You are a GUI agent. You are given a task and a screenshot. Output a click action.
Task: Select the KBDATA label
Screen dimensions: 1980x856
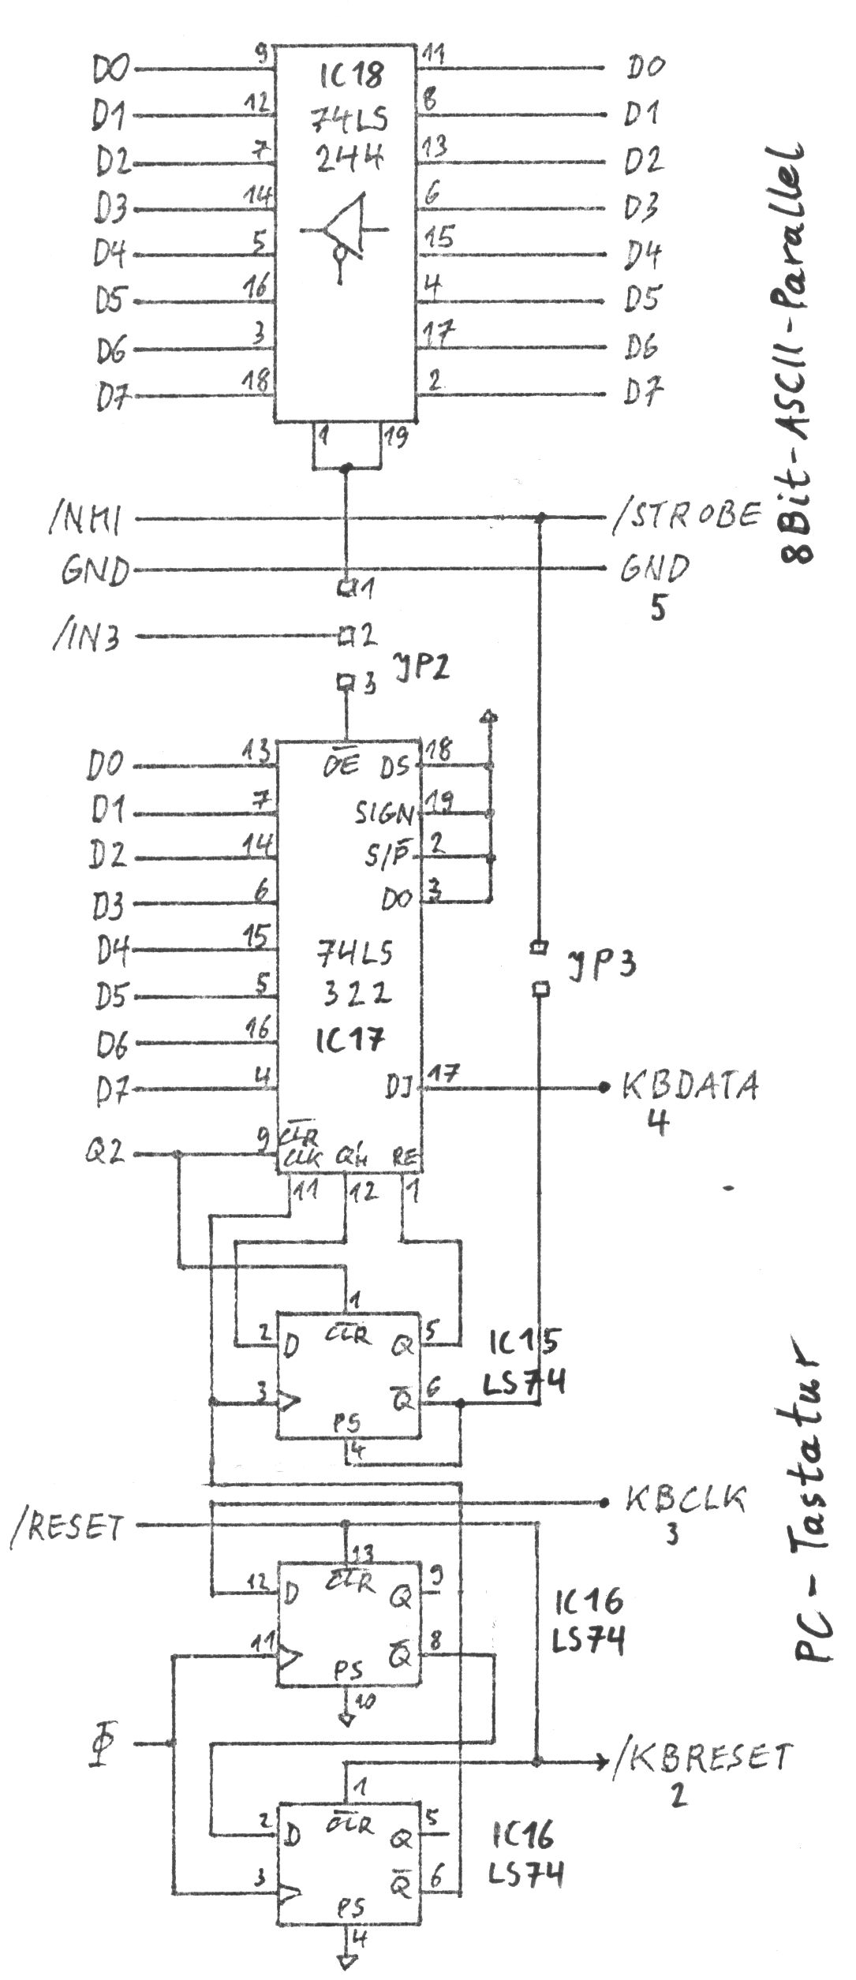690,1086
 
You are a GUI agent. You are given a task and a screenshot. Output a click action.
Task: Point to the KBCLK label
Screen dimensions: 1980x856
684,1498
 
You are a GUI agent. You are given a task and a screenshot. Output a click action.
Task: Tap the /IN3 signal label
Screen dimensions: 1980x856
86,637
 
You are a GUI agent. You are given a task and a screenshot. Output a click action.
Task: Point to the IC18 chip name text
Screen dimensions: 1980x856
352,75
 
